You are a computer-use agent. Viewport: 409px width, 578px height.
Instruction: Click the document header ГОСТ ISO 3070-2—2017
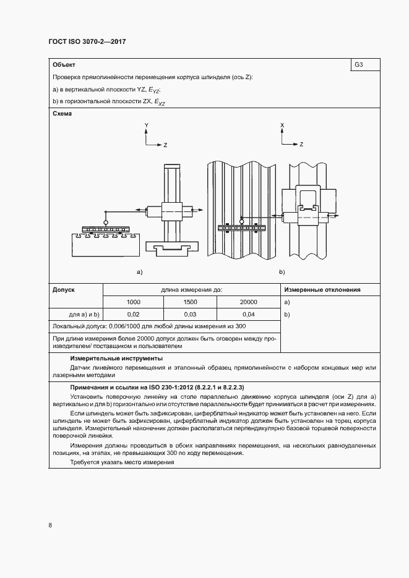tap(87, 42)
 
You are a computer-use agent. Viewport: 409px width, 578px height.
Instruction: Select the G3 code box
tap(359, 64)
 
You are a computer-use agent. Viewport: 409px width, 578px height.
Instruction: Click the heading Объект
tap(64, 64)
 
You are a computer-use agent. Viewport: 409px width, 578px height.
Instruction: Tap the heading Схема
tap(62, 114)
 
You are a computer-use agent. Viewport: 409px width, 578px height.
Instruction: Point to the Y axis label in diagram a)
tap(146, 125)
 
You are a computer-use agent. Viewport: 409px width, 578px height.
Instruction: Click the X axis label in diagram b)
tap(282, 125)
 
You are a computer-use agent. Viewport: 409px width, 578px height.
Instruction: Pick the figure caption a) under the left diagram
tap(139, 271)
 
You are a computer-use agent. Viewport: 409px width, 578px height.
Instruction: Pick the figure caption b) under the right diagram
tap(282, 271)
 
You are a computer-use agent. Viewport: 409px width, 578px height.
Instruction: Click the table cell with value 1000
tap(133, 302)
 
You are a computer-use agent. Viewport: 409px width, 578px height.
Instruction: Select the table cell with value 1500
tap(191, 302)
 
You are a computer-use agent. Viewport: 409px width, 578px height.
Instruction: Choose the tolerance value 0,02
tap(133, 315)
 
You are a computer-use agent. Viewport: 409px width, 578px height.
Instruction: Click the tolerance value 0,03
tap(191, 315)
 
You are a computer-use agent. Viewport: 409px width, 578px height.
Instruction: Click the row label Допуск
tap(64, 289)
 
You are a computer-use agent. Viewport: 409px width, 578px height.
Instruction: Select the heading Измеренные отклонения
tap(322, 289)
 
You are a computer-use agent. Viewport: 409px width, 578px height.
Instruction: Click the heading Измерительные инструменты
tap(108, 358)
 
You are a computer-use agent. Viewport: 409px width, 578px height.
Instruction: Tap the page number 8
tap(50, 525)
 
